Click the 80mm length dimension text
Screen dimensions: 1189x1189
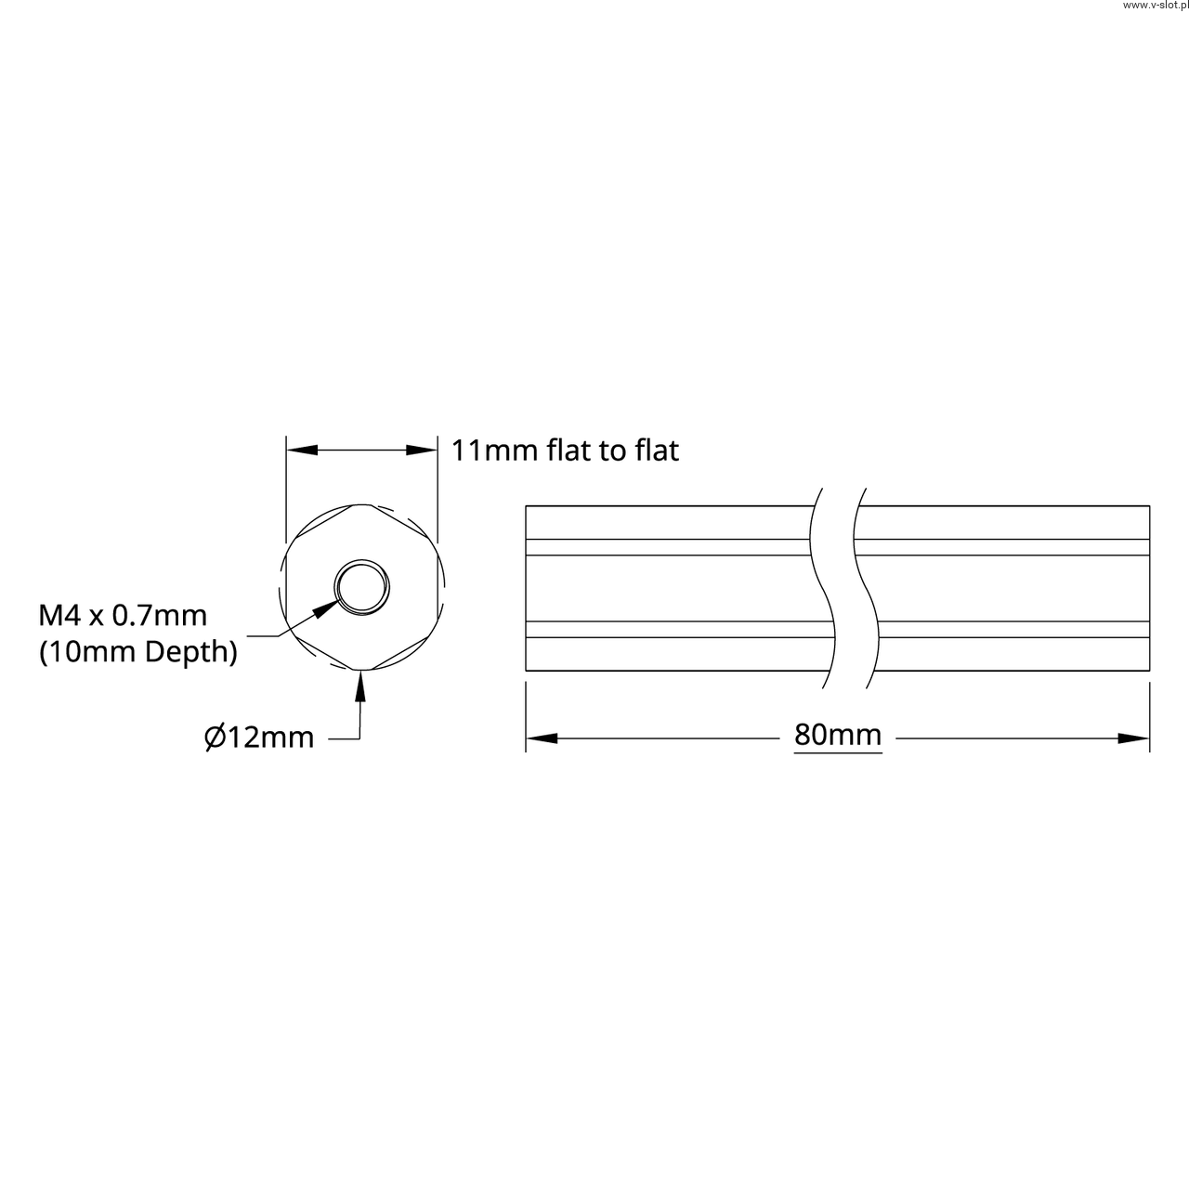(837, 734)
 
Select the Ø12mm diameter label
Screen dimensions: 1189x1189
(259, 738)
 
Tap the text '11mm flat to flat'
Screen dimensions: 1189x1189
(565, 451)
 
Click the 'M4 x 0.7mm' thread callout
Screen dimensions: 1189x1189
(123, 615)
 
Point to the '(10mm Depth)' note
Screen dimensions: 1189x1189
(138, 651)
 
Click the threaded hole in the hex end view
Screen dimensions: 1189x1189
(362, 587)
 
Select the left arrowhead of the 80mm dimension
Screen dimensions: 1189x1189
(542, 738)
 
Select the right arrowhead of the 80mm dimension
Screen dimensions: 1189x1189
(1133, 738)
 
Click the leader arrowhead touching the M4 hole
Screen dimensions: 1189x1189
(325, 609)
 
